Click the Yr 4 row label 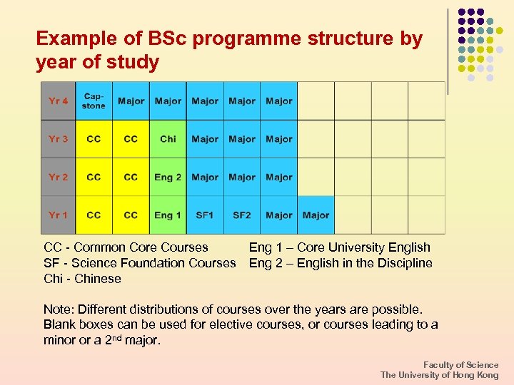pos(59,101)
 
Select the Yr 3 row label pos(59,139)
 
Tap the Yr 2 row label pos(59,177)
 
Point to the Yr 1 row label pos(59,215)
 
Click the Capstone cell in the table pos(94,101)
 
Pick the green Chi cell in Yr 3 pos(168,139)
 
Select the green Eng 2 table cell pos(168,177)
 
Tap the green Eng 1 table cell pos(168,215)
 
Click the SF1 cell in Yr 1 pos(205,215)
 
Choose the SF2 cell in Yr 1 pos(242,215)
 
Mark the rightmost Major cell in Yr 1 pos(316,215)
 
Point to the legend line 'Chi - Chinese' pos(82,279)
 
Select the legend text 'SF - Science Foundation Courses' pos(139,263)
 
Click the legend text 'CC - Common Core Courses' pos(126,247)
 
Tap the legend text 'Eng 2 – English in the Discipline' pos(341,263)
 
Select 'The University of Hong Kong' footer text pos(440,375)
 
